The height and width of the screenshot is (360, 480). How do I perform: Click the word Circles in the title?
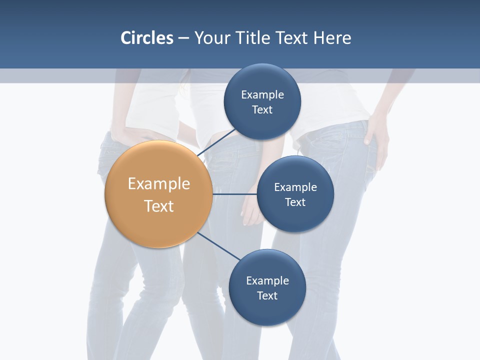click(x=147, y=38)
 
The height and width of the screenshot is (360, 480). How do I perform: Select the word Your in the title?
click(x=211, y=38)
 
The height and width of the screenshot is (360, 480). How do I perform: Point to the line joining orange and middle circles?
click(x=234, y=194)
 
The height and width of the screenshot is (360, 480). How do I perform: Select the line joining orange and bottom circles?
click(x=219, y=246)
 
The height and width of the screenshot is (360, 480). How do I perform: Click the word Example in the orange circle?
click(x=159, y=184)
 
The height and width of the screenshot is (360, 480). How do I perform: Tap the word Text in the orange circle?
click(x=159, y=206)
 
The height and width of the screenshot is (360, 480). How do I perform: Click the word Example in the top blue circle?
click(x=262, y=95)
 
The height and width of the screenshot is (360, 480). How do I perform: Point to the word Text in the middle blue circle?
click(x=295, y=202)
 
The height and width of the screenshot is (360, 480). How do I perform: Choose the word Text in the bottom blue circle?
click(x=267, y=296)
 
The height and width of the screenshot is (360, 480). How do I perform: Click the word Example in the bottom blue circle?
click(x=267, y=281)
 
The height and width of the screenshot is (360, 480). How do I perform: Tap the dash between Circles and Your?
click(x=183, y=38)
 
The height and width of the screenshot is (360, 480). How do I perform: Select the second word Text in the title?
click(x=292, y=38)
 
